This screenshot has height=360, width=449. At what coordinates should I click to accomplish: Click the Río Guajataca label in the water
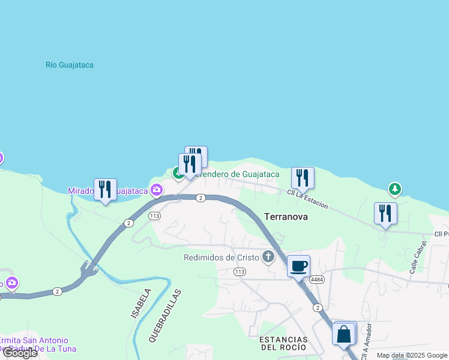70,65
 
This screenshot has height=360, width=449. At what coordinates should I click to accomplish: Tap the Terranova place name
286,217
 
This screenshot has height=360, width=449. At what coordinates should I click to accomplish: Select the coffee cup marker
298,266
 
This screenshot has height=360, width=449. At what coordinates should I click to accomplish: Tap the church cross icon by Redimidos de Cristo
268,257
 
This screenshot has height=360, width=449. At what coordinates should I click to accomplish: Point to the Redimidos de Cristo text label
221,257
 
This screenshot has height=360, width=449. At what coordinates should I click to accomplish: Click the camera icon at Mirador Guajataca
157,190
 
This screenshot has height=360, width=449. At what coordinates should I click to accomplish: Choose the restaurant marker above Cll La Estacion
303,178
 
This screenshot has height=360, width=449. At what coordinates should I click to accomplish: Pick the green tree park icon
394,190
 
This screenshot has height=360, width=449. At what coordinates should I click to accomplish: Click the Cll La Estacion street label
307,199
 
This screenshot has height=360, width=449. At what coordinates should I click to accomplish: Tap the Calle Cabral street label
418,257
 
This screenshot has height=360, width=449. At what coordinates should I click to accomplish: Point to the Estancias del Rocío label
283,343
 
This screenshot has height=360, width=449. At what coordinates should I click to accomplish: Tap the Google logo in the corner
20,353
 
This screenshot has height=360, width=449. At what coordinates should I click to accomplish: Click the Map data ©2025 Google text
412,355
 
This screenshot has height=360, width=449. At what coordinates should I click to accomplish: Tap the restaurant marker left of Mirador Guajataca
105,189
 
